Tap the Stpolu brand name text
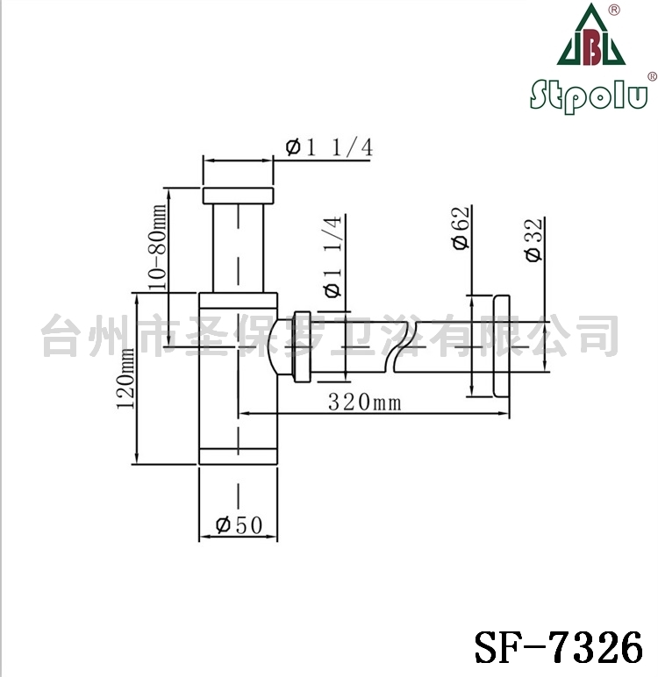pos(589,96)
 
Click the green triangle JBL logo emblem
pos(590,34)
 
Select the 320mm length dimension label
pos(365,402)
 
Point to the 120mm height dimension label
pos(125,378)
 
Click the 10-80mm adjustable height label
pos(157,247)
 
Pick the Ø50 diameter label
pos(239,525)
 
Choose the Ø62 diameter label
pos(461,228)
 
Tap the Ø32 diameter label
pos(534,240)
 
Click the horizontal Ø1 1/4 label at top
pos(329,147)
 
